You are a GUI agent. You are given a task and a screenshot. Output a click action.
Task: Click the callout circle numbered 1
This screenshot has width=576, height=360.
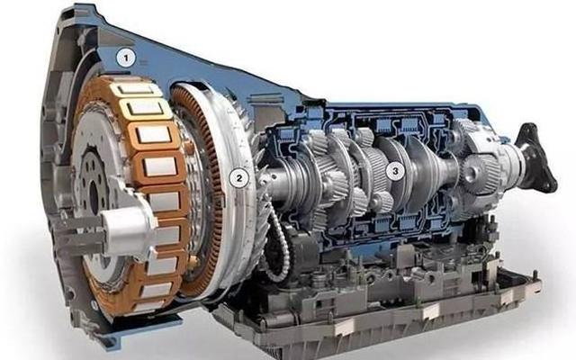(x=126, y=58)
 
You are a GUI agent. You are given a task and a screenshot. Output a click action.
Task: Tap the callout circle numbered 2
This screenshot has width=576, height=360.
(x=239, y=178)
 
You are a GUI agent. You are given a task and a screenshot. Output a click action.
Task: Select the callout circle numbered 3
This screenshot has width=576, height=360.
(x=395, y=171)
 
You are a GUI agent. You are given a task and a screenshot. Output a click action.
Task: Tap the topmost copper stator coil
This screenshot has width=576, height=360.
(x=135, y=88)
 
